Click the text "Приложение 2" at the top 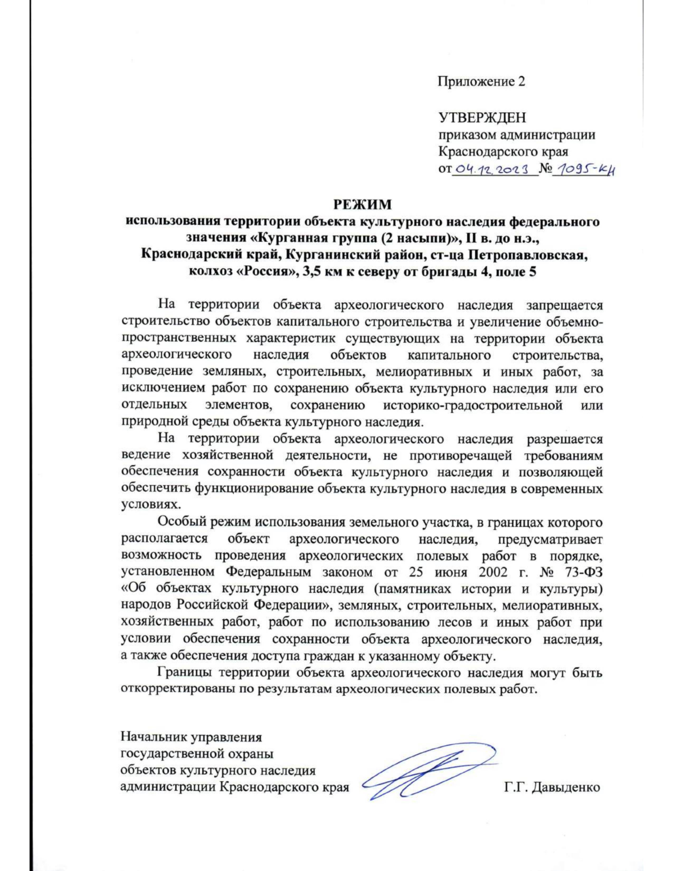tap(481, 82)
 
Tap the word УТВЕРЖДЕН tap(482, 117)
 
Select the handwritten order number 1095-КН tap(583, 169)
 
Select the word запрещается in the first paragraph tap(564, 305)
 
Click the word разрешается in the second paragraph tap(564, 439)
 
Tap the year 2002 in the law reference tap(494, 572)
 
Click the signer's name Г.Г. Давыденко tap(552, 787)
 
